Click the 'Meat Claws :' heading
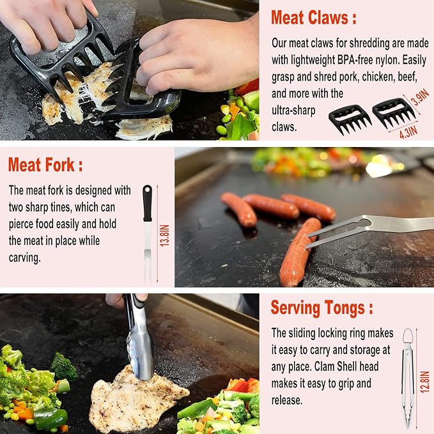(313, 18)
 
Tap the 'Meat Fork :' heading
(45, 165)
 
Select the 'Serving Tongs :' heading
(322, 307)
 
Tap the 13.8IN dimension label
(164, 234)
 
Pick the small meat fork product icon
(148, 233)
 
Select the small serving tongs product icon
(407, 377)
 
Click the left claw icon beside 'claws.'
(350, 118)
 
